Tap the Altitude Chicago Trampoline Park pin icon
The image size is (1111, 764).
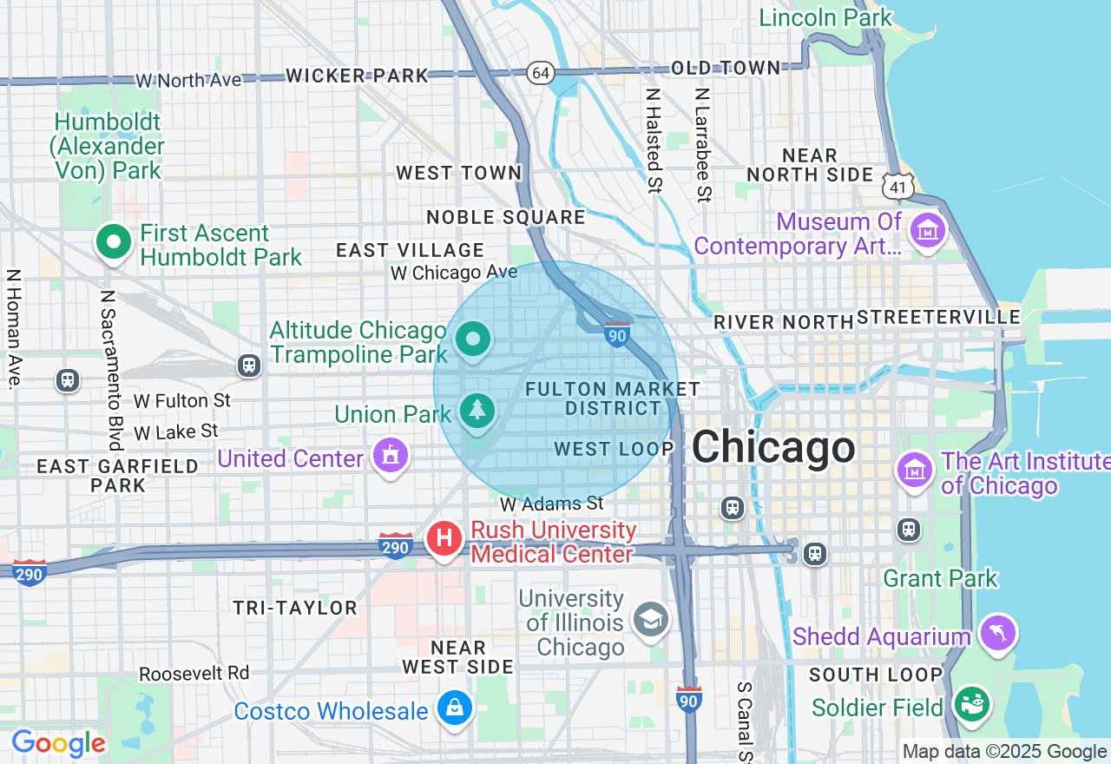click(473, 339)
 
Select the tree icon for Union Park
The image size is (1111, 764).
click(477, 411)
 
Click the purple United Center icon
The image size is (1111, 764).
click(390, 455)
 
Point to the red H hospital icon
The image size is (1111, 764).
click(444, 538)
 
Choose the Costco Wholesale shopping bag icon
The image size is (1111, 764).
click(454, 708)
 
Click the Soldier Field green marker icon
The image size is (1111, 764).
click(970, 702)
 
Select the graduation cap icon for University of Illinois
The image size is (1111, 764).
click(650, 619)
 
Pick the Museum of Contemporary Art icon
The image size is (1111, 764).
click(927, 232)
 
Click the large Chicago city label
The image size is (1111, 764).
click(772, 447)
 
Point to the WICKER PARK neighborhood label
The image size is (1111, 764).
click(357, 76)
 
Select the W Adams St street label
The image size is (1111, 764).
click(551, 503)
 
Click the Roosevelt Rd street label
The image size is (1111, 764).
click(194, 673)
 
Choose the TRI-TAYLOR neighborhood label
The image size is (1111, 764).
click(294, 608)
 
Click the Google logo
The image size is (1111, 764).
click(58, 744)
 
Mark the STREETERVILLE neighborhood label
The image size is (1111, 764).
click(938, 318)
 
